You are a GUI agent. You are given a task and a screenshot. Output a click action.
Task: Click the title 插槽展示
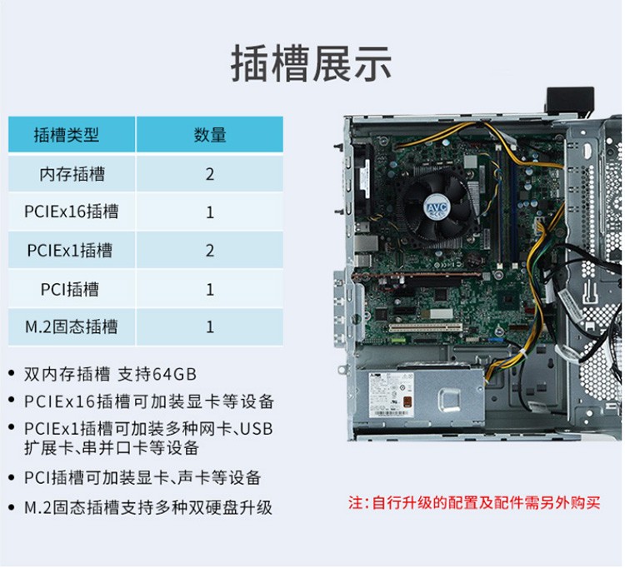[311, 64]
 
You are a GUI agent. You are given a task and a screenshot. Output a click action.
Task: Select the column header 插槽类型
[66, 135]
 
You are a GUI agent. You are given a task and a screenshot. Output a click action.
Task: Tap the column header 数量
[210, 135]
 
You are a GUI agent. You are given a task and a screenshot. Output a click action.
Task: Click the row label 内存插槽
[72, 174]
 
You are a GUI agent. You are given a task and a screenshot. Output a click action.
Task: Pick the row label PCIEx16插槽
[72, 212]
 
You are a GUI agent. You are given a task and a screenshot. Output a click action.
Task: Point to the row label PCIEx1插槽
[70, 251]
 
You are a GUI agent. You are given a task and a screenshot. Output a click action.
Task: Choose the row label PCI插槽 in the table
[70, 289]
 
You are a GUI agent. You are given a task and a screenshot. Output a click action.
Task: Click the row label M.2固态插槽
[72, 327]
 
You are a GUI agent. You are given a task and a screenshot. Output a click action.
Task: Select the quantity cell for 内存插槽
[210, 174]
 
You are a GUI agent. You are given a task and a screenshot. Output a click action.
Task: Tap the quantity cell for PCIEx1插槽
[210, 251]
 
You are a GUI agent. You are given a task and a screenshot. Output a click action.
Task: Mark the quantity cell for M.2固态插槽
[210, 327]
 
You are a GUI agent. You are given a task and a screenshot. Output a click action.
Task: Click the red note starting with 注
[474, 503]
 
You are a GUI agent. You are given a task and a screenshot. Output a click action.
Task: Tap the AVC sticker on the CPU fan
[437, 207]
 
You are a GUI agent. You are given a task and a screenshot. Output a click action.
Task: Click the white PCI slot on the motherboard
[426, 328]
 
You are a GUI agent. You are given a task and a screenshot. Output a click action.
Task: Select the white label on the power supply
[392, 395]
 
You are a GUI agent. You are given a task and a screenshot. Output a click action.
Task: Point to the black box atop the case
[570, 100]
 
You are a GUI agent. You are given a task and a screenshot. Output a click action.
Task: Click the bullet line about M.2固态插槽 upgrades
[148, 507]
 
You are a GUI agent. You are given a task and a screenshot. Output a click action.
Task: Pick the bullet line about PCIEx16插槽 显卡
[149, 401]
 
